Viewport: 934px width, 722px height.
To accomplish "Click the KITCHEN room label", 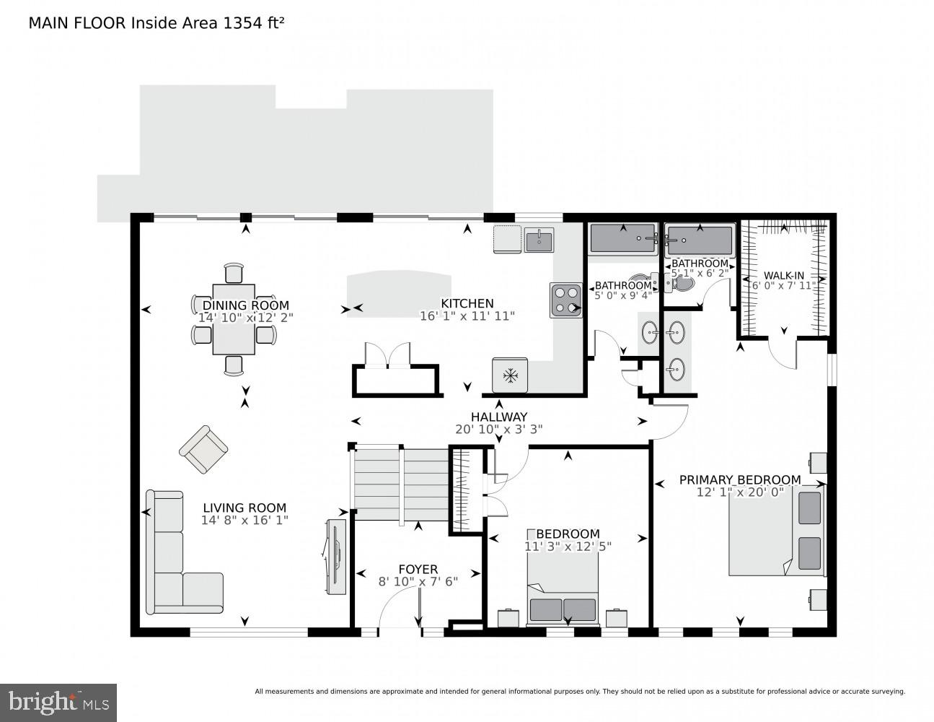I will click(467, 303).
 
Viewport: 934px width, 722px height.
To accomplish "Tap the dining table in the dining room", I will click(234, 318).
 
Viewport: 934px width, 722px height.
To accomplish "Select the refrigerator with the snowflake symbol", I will click(511, 375).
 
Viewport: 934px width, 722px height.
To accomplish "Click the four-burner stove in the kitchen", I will click(566, 300).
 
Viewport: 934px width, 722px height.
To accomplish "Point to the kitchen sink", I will click(539, 240).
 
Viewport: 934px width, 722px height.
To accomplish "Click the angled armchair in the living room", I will click(203, 449).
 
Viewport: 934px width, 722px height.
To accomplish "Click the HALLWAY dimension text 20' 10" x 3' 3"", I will click(499, 429).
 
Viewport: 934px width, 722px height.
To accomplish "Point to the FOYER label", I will click(418, 570).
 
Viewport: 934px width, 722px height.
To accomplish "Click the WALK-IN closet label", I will click(784, 276).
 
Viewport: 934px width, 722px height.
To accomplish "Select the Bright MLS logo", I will click(58, 702).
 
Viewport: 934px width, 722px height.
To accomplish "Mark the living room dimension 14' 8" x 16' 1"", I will click(245, 520).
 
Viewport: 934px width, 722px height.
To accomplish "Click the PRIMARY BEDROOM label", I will click(740, 479).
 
